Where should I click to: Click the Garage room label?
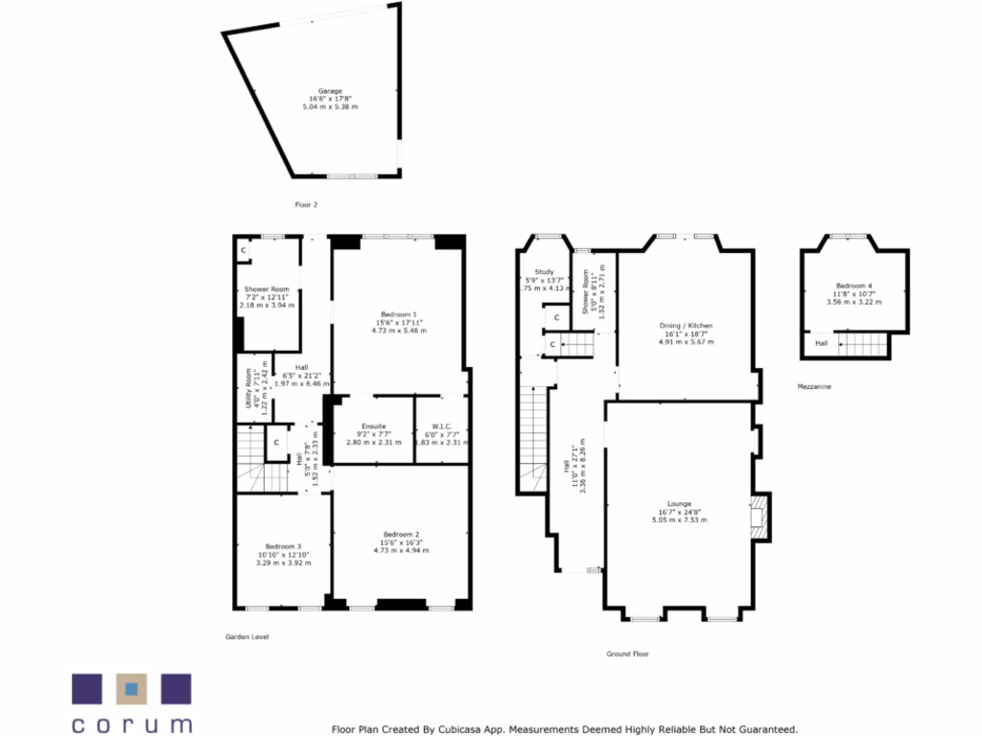331,92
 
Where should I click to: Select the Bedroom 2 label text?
401,535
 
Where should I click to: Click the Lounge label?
680,504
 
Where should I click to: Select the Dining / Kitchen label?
685,326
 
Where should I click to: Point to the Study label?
545,272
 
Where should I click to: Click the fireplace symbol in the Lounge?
759,517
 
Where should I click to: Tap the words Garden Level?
246,636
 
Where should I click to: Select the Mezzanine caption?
814,386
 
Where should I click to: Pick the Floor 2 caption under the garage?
306,204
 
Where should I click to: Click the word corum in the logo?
131,724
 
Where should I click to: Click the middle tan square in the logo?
131,689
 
